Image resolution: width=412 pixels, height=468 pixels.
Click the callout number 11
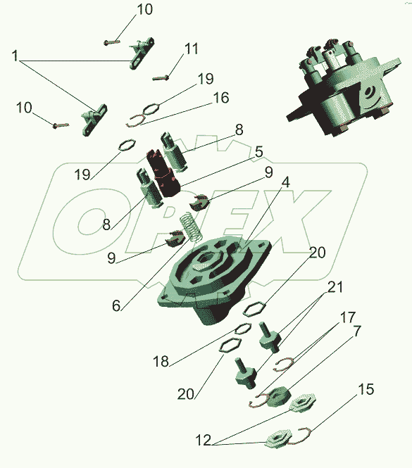pos(192,49)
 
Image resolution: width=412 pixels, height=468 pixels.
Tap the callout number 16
pos(220,98)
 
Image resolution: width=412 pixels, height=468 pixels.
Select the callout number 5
pos(258,151)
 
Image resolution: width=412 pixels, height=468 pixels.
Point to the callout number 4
pos(286,182)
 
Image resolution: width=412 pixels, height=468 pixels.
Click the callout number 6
pos(116,305)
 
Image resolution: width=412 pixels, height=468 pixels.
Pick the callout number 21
pos(335,287)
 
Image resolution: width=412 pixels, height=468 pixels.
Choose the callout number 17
pos(348,317)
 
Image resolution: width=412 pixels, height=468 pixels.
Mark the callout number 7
pos(357,331)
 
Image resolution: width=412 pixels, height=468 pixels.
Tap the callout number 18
pos(161,361)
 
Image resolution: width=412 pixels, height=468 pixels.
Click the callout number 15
pos(366,389)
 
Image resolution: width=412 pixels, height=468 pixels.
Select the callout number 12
pos(203,441)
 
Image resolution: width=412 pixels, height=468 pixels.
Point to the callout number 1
pos(15,56)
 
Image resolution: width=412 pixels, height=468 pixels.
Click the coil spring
pos(191,227)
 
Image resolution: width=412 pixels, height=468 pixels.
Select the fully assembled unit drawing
pos(343,87)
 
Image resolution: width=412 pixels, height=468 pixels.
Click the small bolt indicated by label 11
pos(161,78)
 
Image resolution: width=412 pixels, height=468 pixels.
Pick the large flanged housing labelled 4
pos(215,279)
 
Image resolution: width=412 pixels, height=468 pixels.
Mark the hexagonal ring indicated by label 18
pos(242,329)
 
